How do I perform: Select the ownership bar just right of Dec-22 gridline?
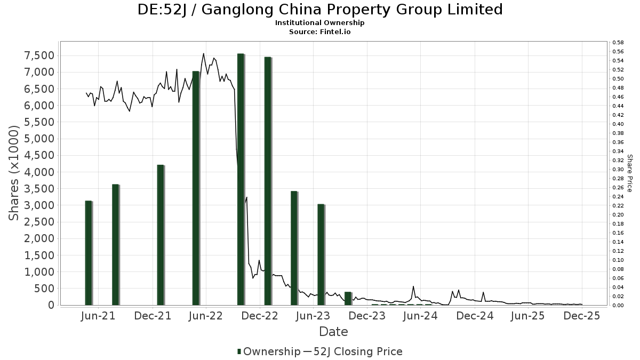coord(268,181)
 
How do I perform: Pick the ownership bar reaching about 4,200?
coord(161,235)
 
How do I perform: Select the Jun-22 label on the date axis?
coord(206,316)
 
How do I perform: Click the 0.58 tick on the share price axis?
coord(618,42)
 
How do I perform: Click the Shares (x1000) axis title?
coord(14,173)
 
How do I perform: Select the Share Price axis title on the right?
coord(629,173)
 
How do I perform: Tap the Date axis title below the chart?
coord(333,332)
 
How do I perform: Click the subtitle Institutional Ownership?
coord(320,23)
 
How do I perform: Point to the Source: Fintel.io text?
coord(320,31)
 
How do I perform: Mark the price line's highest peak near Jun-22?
coord(204,53)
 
